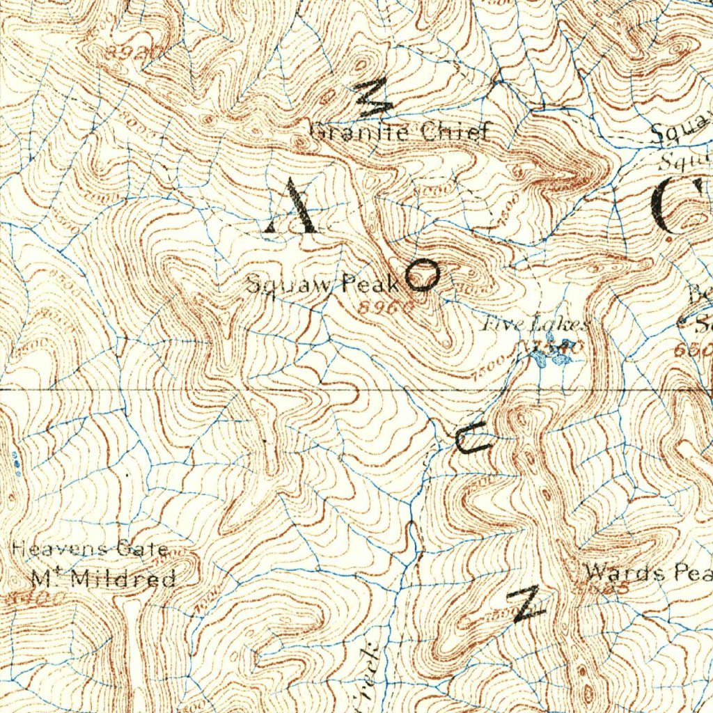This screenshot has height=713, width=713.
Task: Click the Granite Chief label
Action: point(400,132)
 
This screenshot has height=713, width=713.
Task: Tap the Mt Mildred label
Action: point(104,578)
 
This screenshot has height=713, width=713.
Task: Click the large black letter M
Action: point(375,97)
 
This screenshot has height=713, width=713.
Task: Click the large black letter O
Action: point(422,276)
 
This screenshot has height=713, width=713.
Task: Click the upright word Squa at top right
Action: point(681,132)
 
